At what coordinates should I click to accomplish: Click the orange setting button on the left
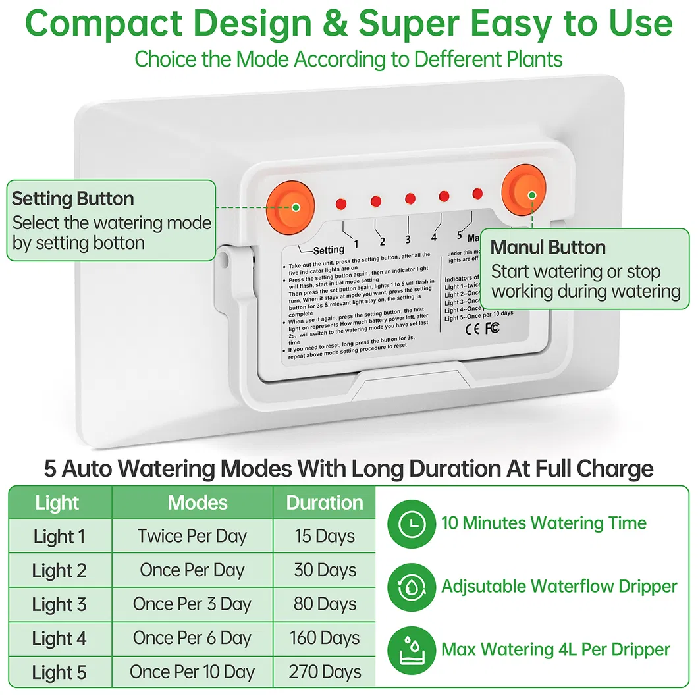(x=287, y=207)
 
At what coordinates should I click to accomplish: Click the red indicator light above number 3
(x=410, y=199)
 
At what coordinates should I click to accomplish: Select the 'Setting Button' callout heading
(x=73, y=199)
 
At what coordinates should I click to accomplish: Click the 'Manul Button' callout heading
(x=548, y=248)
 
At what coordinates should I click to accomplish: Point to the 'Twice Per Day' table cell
(x=192, y=536)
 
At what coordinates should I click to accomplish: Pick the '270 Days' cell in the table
(x=325, y=672)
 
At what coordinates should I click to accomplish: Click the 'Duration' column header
(x=325, y=503)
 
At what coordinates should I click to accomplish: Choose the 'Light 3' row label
(x=59, y=604)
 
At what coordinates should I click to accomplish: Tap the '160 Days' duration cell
(x=325, y=638)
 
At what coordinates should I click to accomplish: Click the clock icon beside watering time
(x=412, y=523)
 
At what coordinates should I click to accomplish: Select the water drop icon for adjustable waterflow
(x=412, y=586)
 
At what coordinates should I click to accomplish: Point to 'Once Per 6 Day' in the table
(x=192, y=638)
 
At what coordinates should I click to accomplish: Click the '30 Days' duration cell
(x=325, y=570)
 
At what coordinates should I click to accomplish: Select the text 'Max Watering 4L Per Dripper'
(x=556, y=649)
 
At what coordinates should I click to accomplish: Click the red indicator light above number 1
(x=341, y=203)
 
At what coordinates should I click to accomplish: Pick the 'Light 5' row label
(x=59, y=672)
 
